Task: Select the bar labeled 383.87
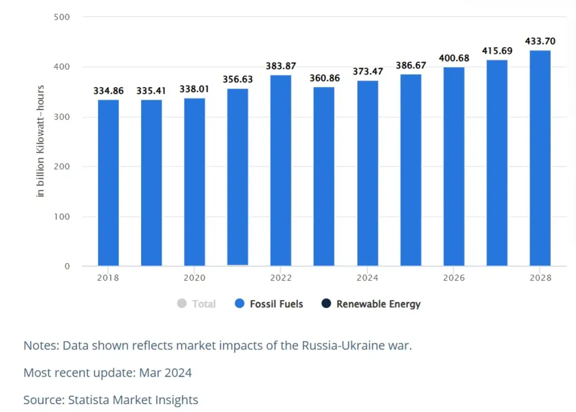(x=281, y=170)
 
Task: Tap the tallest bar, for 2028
(x=540, y=158)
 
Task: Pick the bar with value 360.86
(x=324, y=176)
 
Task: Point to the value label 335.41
(x=151, y=90)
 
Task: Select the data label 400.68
(x=454, y=58)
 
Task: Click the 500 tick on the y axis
(x=62, y=17)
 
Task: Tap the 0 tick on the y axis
(x=66, y=266)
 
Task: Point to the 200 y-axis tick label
(x=62, y=166)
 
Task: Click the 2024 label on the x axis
(x=367, y=278)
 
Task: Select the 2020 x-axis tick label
(x=195, y=278)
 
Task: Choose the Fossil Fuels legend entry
(x=269, y=304)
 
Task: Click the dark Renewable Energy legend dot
(x=326, y=304)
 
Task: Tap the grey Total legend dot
(x=182, y=304)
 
